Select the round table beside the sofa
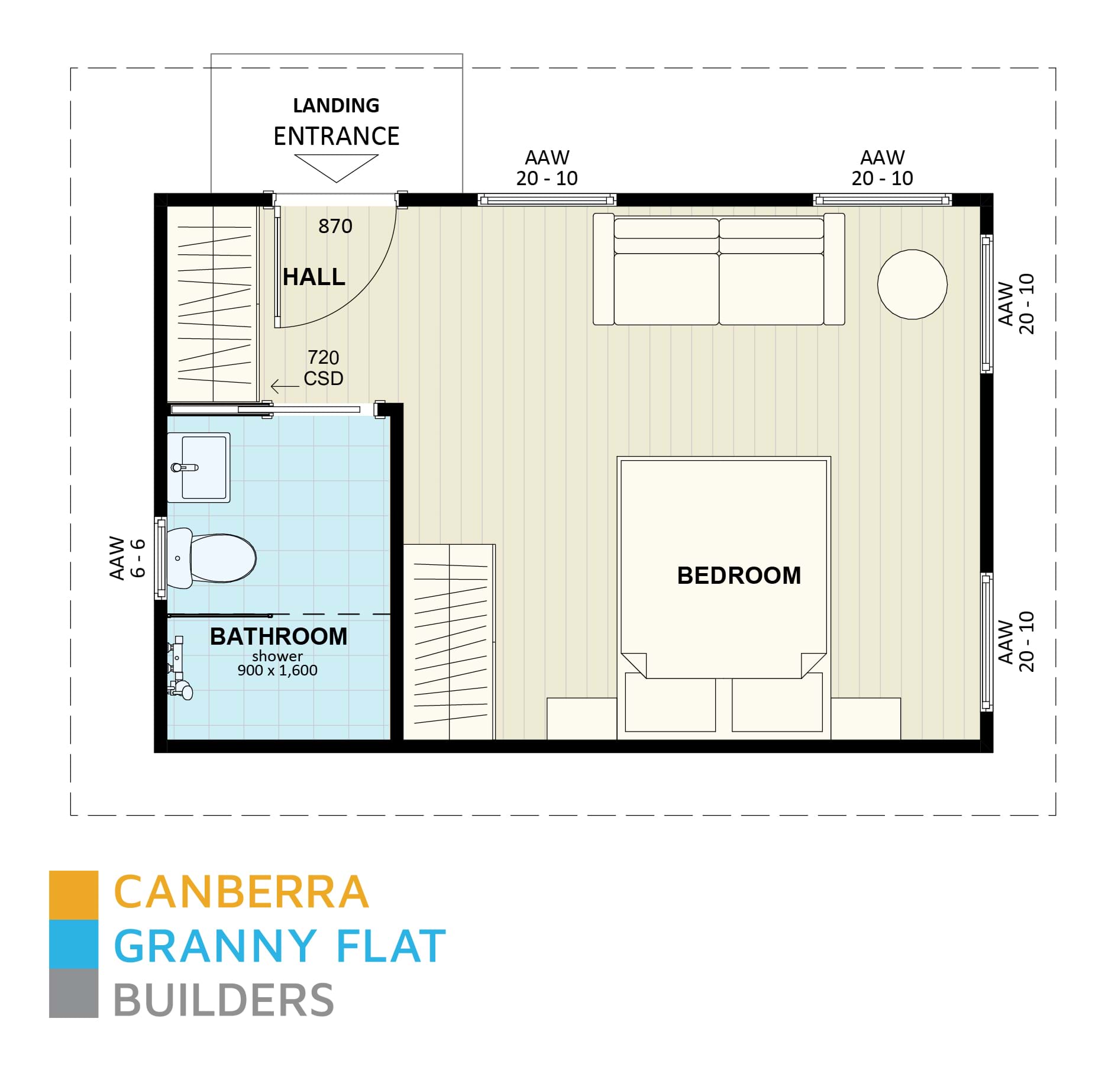(x=912, y=284)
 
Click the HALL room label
(x=314, y=277)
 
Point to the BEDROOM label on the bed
(x=738, y=575)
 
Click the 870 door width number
(x=335, y=226)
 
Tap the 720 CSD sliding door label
(x=323, y=367)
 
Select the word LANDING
(x=336, y=105)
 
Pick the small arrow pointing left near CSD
(x=284, y=386)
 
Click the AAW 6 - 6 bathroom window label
(x=127, y=558)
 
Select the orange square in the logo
(x=73, y=894)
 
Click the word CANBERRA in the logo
(x=241, y=893)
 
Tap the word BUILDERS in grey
(x=224, y=1000)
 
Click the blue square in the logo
(x=73, y=943)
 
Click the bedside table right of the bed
(x=865, y=718)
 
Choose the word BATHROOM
(x=278, y=636)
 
